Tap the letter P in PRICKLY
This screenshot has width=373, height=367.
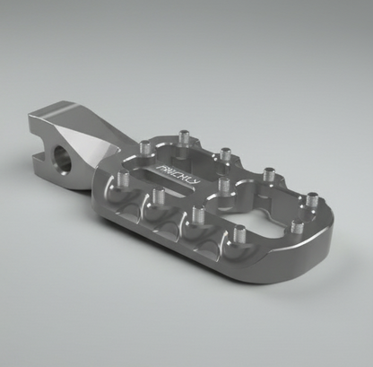pyautogui.click(x=159, y=175)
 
